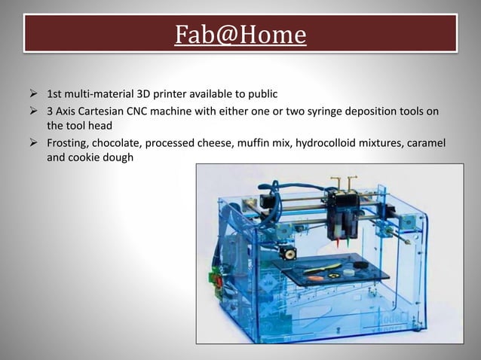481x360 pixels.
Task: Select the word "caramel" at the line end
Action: click(x=436, y=144)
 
